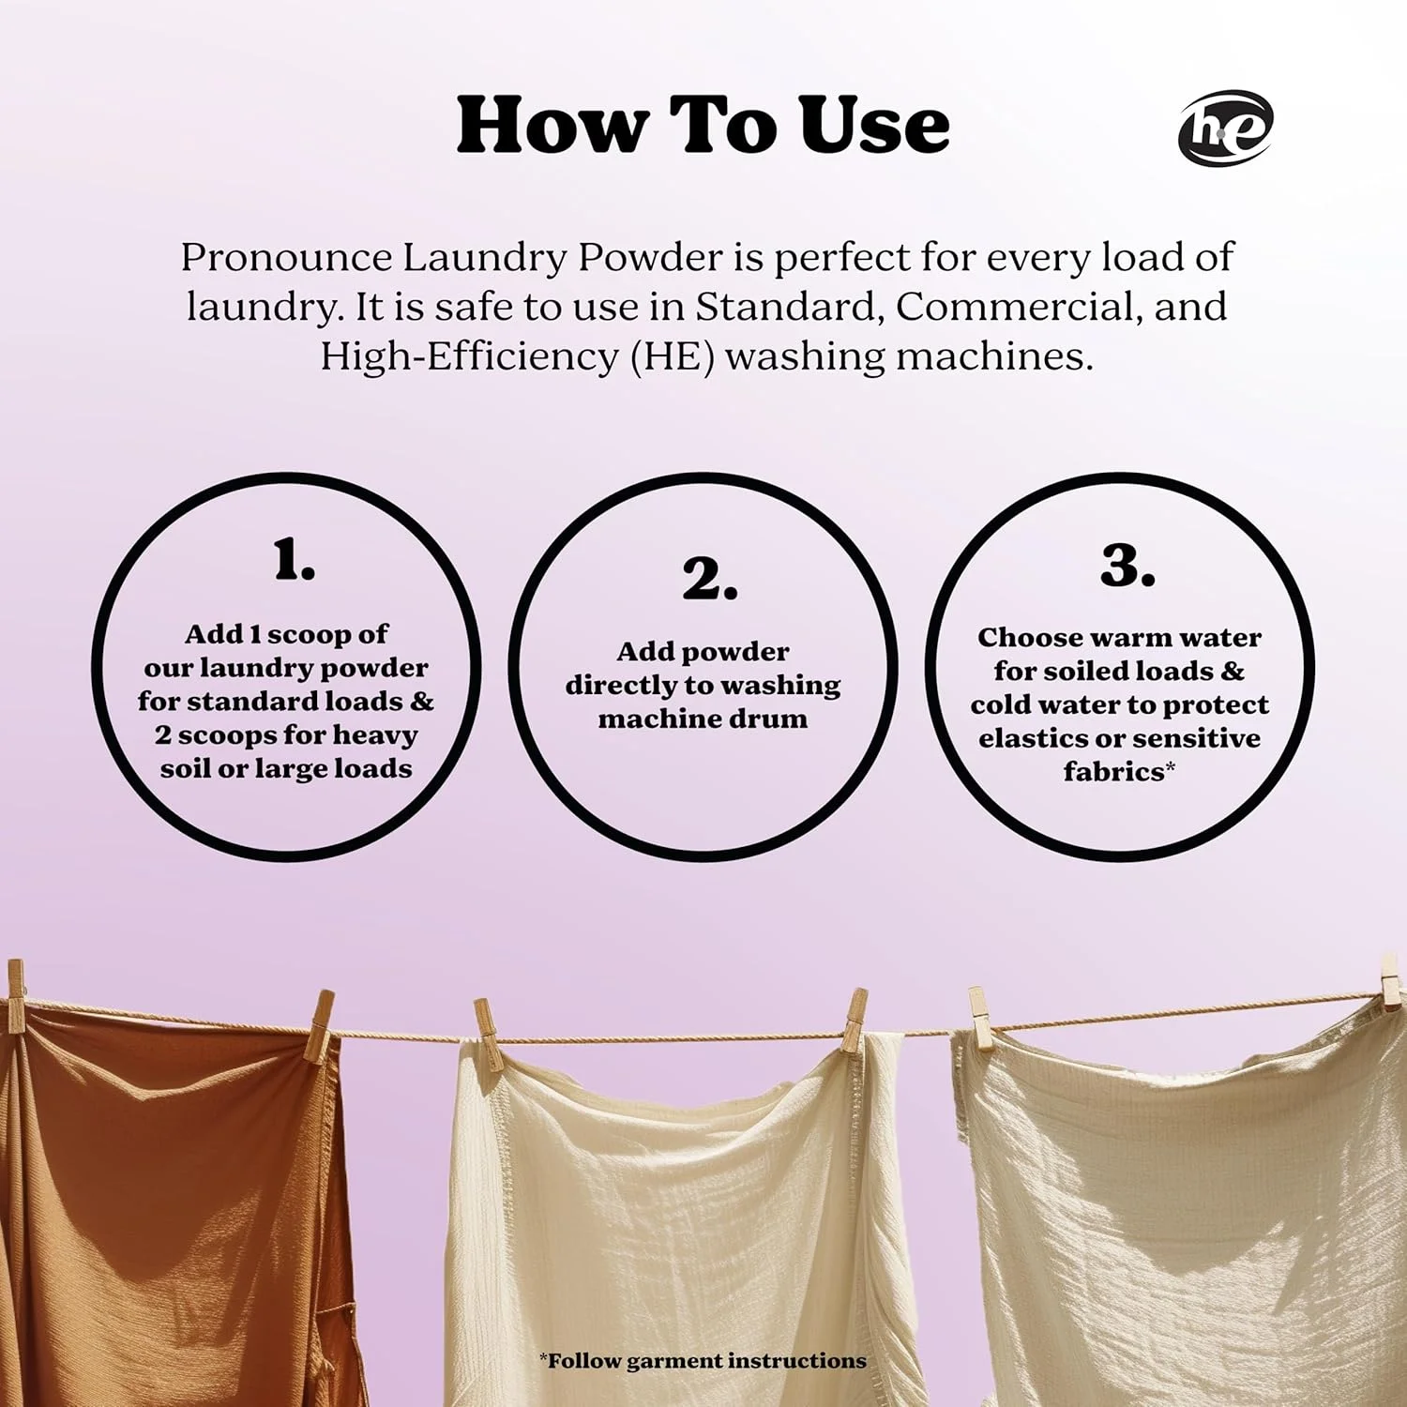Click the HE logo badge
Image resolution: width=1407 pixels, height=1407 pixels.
pos(1225,129)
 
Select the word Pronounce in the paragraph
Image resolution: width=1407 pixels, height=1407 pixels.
pos(286,258)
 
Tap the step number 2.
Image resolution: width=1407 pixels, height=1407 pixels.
pos(709,578)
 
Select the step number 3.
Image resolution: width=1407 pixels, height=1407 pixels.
pos(1127,566)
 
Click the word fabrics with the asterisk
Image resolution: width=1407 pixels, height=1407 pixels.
pos(1119,772)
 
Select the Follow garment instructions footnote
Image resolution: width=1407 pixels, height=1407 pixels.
pos(703,1361)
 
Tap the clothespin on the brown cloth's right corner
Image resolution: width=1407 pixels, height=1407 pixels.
pos(320,1026)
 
